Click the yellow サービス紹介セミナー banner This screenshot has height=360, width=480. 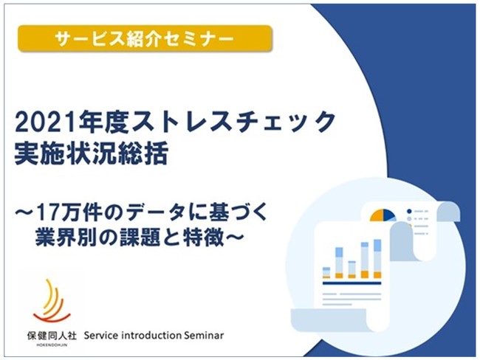pyautogui.click(x=145, y=38)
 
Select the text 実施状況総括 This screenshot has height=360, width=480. pyautogui.click(x=92, y=154)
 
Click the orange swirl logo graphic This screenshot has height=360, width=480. pyautogui.click(x=50, y=301)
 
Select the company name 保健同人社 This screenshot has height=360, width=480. pyautogui.click(x=52, y=336)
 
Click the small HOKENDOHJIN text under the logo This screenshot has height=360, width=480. pyautogui.click(x=52, y=345)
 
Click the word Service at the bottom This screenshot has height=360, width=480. pyautogui.click(x=101, y=336)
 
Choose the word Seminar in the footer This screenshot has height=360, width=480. pyautogui.click(x=204, y=336)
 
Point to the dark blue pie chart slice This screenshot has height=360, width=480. pyautogui.click(x=388, y=215)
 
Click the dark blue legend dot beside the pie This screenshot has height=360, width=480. pyautogui.click(x=409, y=211)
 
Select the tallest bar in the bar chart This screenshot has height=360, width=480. pyautogui.click(x=378, y=259)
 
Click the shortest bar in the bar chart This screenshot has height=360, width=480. pyautogui.click(x=326, y=272)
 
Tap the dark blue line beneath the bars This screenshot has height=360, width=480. pyautogui.click(x=352, y=283)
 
